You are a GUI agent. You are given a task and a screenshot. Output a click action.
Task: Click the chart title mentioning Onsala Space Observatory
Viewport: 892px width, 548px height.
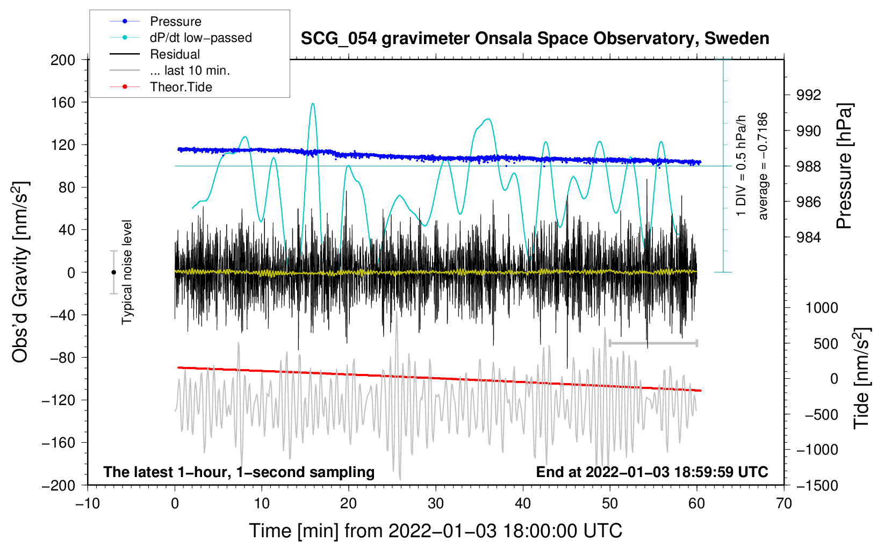(x=535, y=39)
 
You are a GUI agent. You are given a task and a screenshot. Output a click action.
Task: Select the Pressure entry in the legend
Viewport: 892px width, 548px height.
(x=155, y=21)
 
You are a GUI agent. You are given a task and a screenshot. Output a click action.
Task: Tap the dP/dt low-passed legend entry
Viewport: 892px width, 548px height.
(x=181, y=38)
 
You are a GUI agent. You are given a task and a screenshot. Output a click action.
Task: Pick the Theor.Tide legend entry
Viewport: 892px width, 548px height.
(x=161, y=87)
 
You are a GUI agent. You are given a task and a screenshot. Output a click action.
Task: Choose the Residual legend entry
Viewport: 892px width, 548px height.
(x=155, y=54)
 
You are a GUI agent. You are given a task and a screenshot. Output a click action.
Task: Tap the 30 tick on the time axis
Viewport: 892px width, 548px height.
(x=436, y=504)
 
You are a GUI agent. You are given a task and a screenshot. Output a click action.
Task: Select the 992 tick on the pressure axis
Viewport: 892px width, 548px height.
(x=808, y=95)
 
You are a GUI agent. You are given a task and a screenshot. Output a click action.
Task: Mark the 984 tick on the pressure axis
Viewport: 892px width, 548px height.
(x=808, y=237)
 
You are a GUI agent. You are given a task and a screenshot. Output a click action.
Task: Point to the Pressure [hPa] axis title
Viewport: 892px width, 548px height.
(x=844, y=166)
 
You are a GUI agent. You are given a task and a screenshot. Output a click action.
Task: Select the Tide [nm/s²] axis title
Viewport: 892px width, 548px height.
(x=861, y=378)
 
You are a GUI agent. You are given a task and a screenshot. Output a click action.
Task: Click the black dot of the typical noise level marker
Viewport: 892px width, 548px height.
(x=113, y=272)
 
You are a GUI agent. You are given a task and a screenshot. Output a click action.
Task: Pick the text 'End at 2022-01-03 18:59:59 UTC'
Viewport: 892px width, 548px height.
(x=652, y=472)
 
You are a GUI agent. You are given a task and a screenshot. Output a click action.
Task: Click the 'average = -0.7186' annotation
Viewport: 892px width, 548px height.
(x=762, y=166)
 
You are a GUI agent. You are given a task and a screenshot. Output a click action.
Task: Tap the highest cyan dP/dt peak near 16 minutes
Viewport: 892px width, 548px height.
(x=313, y=104)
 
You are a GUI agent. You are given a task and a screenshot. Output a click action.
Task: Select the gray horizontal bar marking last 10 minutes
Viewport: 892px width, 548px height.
(x=653, y=343)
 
